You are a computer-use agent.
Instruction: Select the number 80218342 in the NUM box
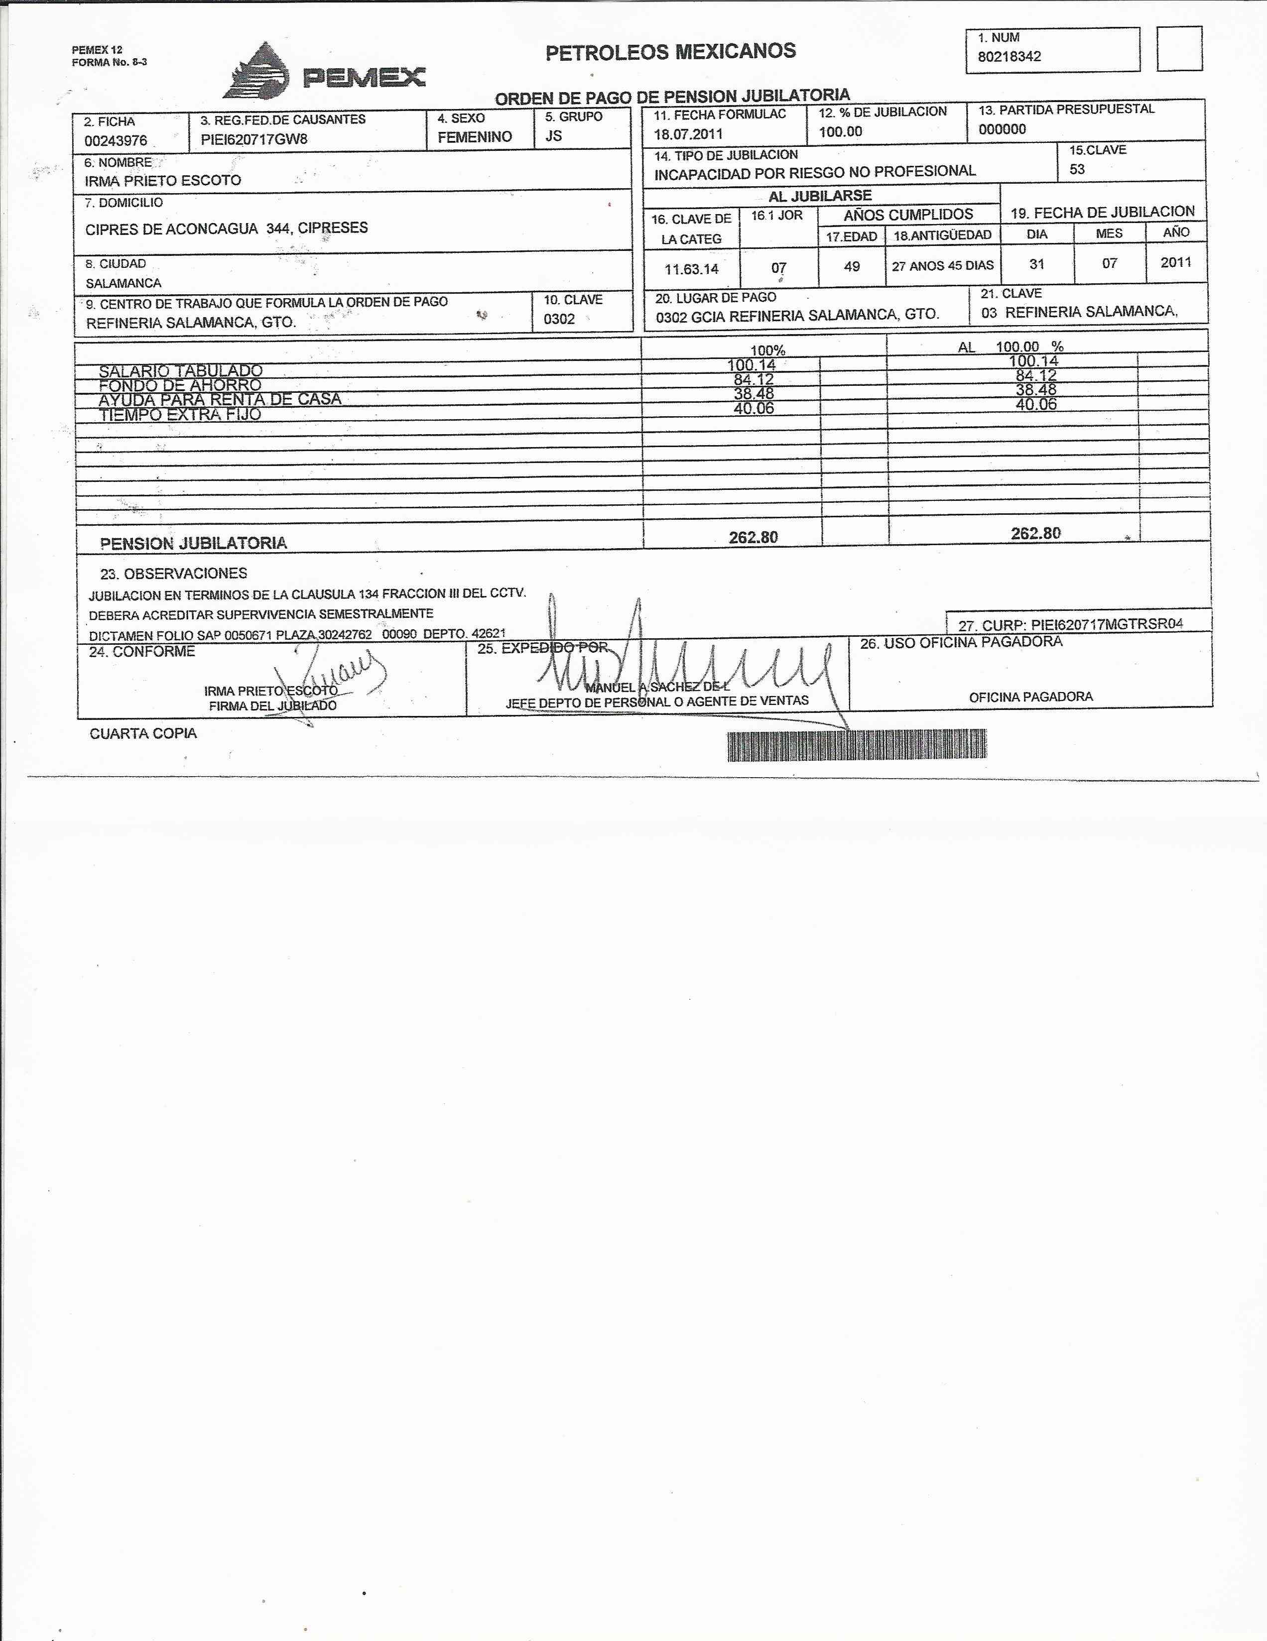[x=1009, y=56]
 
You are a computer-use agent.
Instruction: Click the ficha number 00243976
[x=115, y=140]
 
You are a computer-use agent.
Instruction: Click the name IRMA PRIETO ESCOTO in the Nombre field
[x=162, y=180]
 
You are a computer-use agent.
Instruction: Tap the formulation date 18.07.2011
[x=688, y=134]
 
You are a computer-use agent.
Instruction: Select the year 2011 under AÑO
[x=1175, y=262]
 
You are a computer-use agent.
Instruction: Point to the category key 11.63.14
[x=691, y=268]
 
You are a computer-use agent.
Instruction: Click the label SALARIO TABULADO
[x=180, y=370]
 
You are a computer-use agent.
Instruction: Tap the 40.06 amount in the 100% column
[x=753, y=408]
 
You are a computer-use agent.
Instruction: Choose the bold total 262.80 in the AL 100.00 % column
[x=1035, y=534]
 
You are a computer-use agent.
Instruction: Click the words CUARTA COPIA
[x=143, y=733]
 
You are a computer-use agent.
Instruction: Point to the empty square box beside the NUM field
[x=1178, y=49]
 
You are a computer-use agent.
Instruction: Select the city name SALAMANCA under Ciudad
[x=123, y=283]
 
